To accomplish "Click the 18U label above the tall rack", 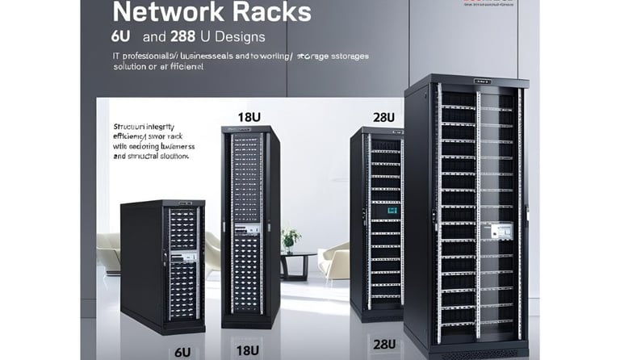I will click(249, 116).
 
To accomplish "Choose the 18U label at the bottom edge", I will click(248, 351).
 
